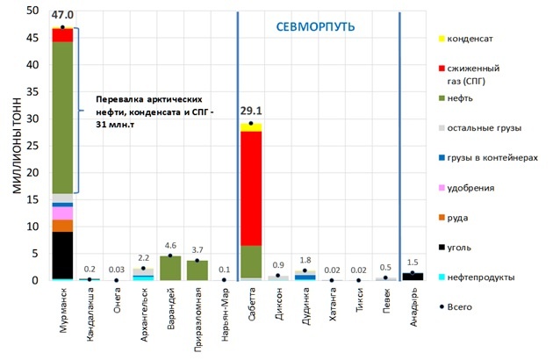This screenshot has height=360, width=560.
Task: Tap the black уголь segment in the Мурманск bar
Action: pyautogui.click(x=61, y=255)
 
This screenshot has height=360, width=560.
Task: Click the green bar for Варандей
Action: pyautogui.click(x=171, y=268)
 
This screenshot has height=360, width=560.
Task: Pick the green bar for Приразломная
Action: pyautogui.click(x=197, y=270)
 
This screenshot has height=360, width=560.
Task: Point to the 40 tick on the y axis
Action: pyautogui.click(x=32, y=65)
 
